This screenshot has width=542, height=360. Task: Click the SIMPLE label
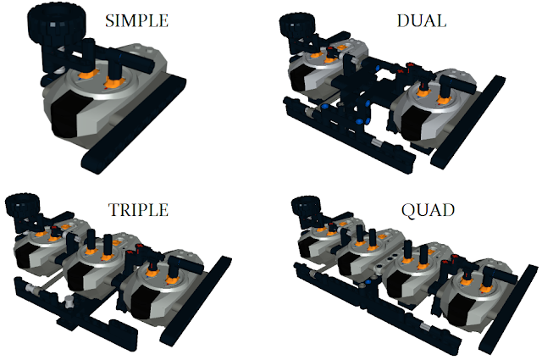point(137,20)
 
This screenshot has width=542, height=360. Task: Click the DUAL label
point(422,20)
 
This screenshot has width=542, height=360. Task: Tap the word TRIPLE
point(138,209)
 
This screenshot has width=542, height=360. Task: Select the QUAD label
point(428,210)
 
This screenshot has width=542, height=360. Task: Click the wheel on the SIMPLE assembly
point(57,24)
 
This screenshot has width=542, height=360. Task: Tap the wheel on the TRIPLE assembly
point(23,208)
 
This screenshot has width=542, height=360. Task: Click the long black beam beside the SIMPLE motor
point(134,125)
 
